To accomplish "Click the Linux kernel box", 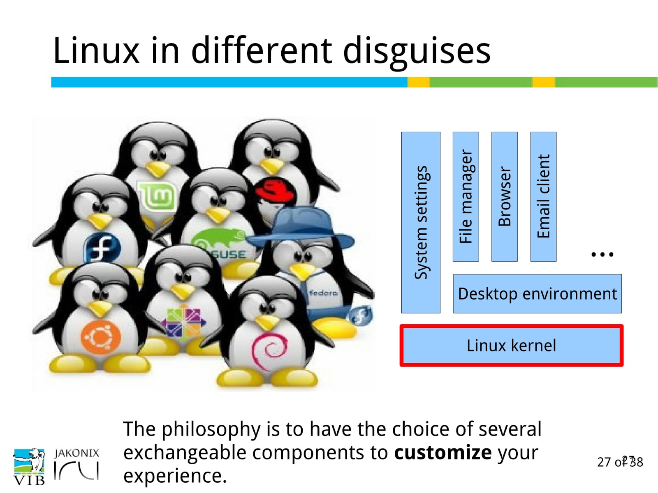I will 511,346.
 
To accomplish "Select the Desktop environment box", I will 537,294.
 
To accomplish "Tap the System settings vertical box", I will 421,222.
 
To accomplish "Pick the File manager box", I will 466,196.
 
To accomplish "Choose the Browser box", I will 504,196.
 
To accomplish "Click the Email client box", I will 543,196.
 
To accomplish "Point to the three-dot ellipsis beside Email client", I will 602,254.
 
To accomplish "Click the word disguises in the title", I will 416,51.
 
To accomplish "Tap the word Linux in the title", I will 96,51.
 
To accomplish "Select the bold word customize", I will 443,452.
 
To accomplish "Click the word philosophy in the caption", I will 211,429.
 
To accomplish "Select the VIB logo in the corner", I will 29,467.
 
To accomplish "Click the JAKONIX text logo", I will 77,453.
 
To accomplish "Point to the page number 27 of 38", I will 620,462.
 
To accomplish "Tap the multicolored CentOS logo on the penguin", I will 183,322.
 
